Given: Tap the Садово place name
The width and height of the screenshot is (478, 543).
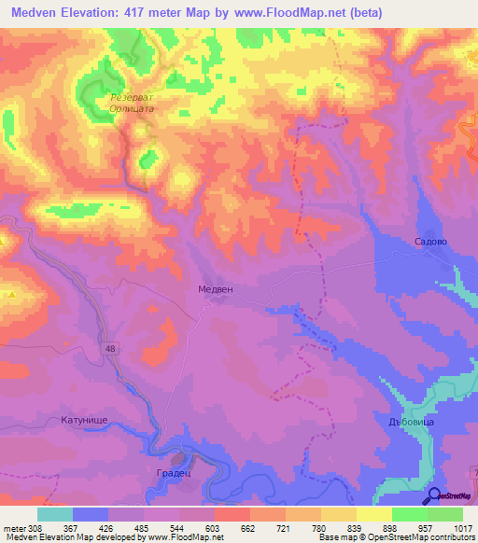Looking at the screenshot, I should point(431,241).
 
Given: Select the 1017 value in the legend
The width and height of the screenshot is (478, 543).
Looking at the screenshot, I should point(462,528).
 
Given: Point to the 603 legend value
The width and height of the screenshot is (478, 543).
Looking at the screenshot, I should point(214,528).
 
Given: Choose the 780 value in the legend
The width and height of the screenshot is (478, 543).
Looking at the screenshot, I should point(320,528).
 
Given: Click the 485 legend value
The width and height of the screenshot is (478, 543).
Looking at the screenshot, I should point(143,528).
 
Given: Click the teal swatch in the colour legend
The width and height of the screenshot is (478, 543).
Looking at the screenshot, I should point(54,514).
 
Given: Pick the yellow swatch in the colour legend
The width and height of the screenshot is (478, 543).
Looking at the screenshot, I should point(373,514).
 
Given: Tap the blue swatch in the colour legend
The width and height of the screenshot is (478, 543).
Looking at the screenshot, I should point(90,514).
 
